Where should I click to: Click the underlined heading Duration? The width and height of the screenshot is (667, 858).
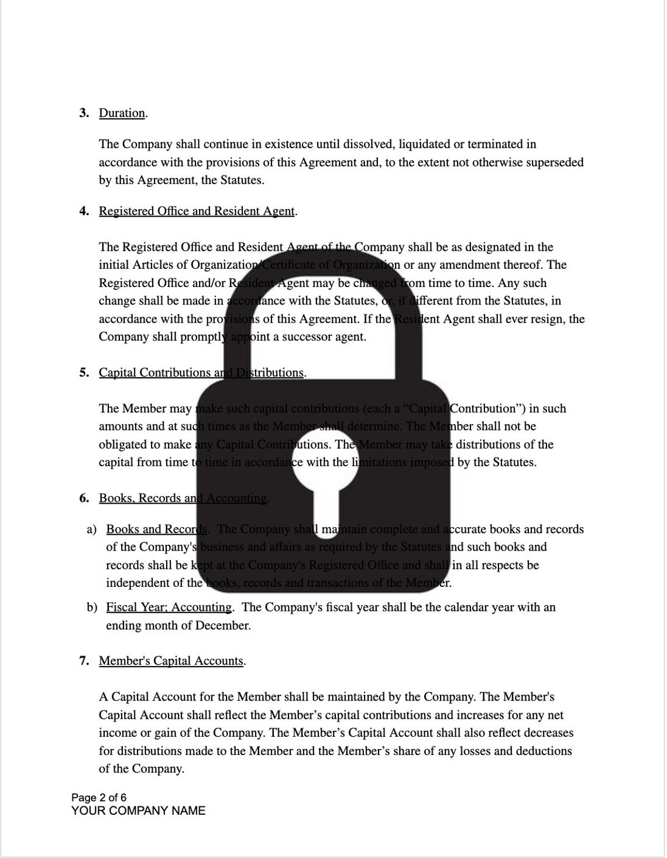tap(122, 113)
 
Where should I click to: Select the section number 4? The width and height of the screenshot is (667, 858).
tap(84, 211)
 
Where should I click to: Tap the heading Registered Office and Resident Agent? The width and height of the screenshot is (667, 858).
tap(197, 211)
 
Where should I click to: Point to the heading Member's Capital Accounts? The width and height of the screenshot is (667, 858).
tap(171, 661)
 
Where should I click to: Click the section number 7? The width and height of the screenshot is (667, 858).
tap(84, 661)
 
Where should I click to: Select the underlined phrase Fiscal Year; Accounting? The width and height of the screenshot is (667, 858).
tap(169, 607)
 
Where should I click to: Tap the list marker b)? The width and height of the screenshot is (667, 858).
tap(92, 607)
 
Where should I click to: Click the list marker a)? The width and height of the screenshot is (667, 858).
tap(92, 529)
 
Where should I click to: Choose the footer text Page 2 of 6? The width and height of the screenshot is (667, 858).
tap(99, 798)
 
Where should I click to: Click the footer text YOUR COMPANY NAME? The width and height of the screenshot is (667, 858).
tap(139, 811)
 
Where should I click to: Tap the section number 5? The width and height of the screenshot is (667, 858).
tap(84, 373)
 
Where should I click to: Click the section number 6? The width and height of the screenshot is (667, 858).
tap(84, 498)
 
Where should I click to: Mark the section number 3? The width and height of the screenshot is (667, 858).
tap(84, 113)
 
